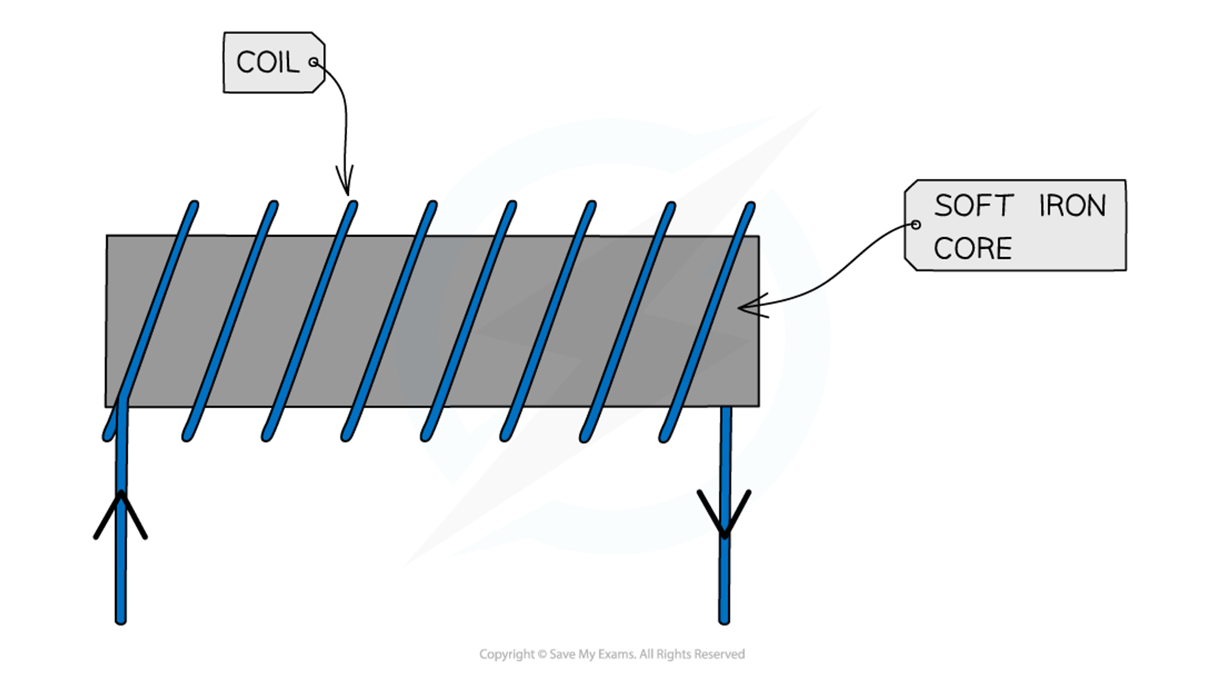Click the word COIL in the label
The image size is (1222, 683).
267,63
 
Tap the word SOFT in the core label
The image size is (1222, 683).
973,206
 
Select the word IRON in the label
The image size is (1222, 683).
1072,206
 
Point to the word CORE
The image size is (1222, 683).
973,249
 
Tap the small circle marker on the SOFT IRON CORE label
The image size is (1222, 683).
915,225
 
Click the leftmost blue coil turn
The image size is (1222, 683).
153,318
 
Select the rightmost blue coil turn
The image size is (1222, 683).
709,318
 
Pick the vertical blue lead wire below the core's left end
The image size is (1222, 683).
121,562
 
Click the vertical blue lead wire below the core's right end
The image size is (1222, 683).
725,580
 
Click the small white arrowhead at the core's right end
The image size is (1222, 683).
749,307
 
